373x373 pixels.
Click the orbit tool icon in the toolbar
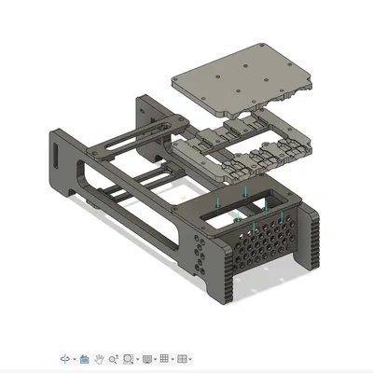65,358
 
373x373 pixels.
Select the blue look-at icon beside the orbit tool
84,358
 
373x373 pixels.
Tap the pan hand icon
98,358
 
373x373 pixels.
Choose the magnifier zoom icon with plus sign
113,358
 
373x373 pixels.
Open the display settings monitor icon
146,358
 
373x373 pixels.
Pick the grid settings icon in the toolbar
165,358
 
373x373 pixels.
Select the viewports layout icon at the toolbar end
184,358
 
